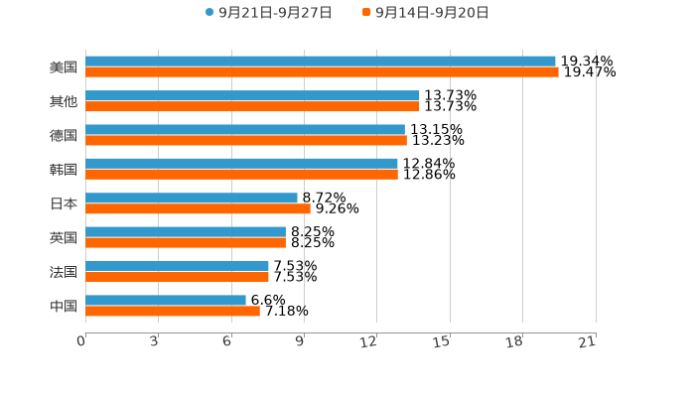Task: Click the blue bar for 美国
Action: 320,62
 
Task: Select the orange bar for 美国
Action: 322,72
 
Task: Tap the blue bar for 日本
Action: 192,198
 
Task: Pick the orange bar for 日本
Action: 198,209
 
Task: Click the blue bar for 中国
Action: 166,301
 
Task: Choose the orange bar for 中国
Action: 173,312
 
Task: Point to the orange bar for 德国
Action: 246,141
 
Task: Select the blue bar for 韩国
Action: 241,164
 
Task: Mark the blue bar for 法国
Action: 177,266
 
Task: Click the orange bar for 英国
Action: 186,243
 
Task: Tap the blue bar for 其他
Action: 252,95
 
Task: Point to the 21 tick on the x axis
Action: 588,342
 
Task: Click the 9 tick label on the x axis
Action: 299,342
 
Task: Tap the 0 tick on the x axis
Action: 81,342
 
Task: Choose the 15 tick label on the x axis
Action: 443,342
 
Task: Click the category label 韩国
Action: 64,169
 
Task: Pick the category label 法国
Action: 64,271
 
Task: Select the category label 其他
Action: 64,101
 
